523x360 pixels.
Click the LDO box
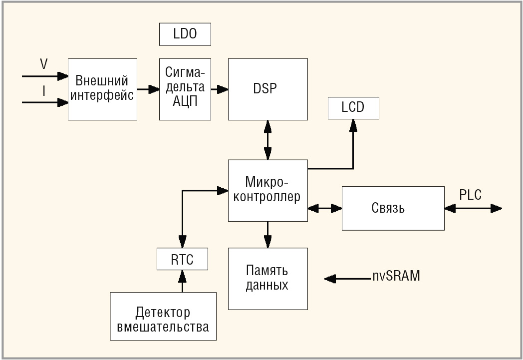click(185, 34)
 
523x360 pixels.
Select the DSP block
click(268, 89)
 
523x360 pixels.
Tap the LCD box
click(353, 108)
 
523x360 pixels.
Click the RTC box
click(183, 259)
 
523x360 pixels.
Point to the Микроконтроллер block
click(268, 191)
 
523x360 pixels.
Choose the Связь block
click(393, 208)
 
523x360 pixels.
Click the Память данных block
click(268, 279)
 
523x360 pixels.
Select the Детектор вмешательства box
click(164, 316)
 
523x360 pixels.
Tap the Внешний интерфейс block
click(102, 89)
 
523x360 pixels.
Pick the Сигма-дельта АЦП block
click(185, 89)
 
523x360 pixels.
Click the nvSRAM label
click(396, 276)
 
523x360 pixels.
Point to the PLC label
click(470, 195)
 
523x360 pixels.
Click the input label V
click(44, 64)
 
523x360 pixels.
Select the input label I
click(44, 91)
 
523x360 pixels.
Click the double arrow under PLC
click(473, 209)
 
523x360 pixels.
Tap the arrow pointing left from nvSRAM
click(347, 279)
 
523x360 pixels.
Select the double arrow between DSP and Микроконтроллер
click(267, 140)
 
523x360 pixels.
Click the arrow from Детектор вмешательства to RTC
click(183, 281)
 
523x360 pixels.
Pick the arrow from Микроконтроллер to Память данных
click(267, 235)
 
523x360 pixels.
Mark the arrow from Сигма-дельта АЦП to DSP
click(220, 89)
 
